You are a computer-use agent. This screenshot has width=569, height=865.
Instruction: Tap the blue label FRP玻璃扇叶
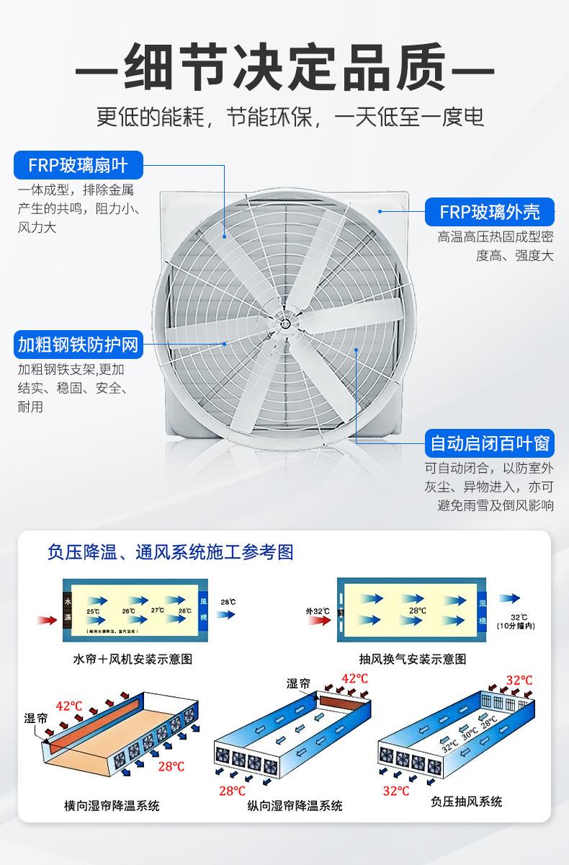[78, 165]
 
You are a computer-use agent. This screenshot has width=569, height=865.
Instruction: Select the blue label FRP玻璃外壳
[490, 212]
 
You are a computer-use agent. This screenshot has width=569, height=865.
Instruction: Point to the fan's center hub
[286, 324]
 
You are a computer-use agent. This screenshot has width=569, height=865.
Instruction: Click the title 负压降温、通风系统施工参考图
[170, 552]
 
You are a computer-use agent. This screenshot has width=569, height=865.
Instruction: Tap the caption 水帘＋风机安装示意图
[133, 659]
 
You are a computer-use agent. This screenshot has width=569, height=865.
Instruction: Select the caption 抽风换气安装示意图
[413, 659]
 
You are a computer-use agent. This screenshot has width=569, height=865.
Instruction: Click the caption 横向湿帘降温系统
[112, 805]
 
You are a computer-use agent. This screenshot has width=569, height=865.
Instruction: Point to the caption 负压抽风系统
[466, 801]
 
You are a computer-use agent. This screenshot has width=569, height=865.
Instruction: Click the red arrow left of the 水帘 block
[47, 618]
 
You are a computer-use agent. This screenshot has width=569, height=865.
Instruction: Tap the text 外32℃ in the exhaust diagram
[317, 611]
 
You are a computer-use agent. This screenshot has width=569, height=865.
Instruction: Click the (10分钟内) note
[516, 625]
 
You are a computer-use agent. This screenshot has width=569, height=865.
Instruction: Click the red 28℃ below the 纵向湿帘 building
[232, 790]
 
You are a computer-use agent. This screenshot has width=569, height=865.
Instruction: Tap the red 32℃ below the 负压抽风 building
[396, 790]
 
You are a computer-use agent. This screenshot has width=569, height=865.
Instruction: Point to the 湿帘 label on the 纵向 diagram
[299, 684]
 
